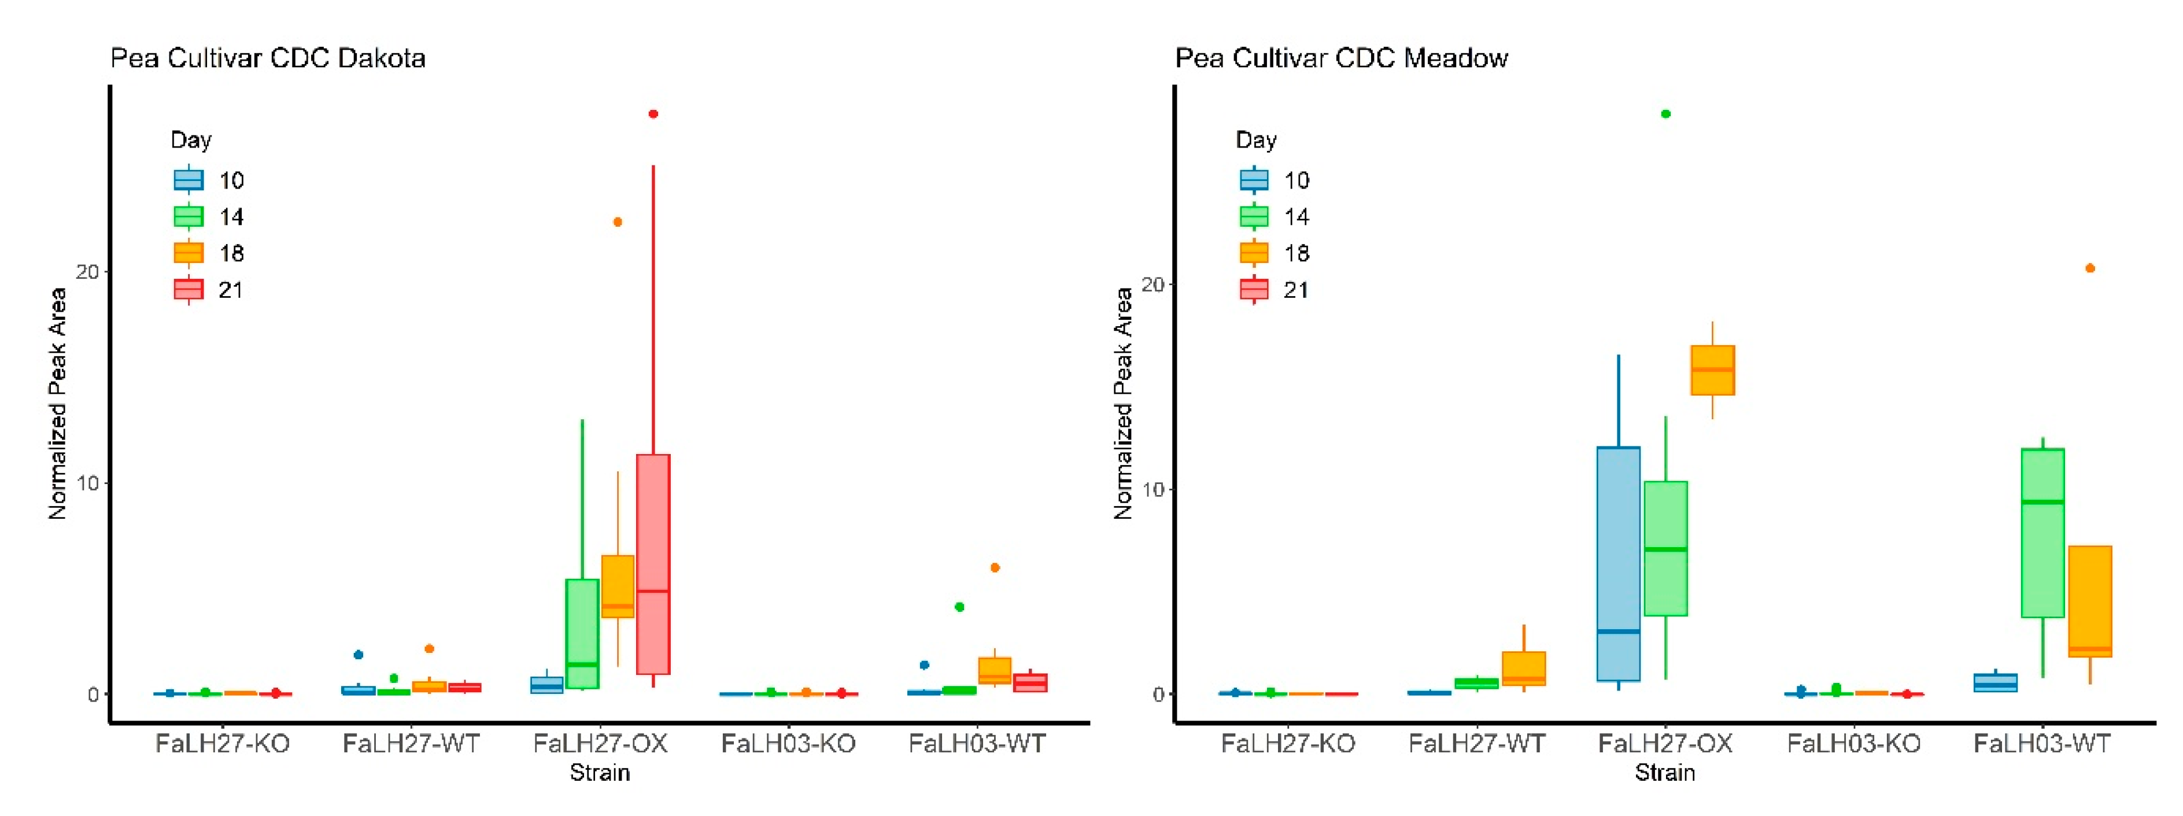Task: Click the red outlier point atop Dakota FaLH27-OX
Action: tap(652, 113)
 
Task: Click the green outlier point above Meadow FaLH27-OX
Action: tap(1665, 113)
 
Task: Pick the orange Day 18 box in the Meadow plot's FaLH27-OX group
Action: tap(1713, 370)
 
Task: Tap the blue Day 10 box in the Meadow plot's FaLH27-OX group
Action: tap(1618, 563)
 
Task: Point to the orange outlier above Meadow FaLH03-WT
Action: tap(2090, 268)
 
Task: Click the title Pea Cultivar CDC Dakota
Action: tap(268, 58)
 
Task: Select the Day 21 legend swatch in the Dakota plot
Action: tap(188, 290)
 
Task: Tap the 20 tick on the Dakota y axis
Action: tap(87, 271)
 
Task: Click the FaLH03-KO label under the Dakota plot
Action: tap(788, 743)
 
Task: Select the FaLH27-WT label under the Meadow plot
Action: tap(1476, 743)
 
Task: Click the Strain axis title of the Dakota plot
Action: tap(599, 773)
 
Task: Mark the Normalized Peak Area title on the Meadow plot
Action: tap(1123, 403)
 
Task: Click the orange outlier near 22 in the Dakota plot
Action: tap(617, 222)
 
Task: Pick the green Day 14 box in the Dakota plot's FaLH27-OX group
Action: tap(582, 633)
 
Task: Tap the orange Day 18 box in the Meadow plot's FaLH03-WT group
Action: tap(2090, 601)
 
